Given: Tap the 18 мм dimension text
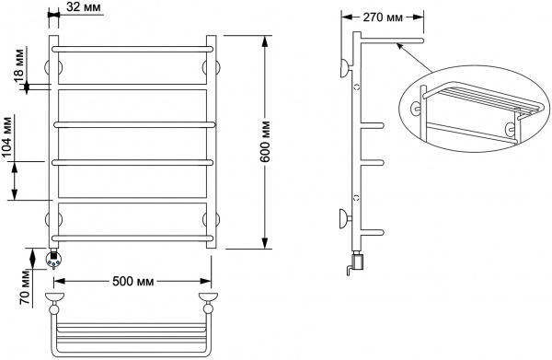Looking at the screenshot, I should [x=19, y=70].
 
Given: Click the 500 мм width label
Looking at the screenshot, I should [x=132, y=280].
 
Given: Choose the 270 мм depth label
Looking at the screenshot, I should [x=379, y=16].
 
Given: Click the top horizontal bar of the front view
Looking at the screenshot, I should [x=133, y=47].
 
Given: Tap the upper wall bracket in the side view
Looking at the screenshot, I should [x=344, y=67].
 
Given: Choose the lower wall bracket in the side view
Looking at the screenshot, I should [x=344, y=219].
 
